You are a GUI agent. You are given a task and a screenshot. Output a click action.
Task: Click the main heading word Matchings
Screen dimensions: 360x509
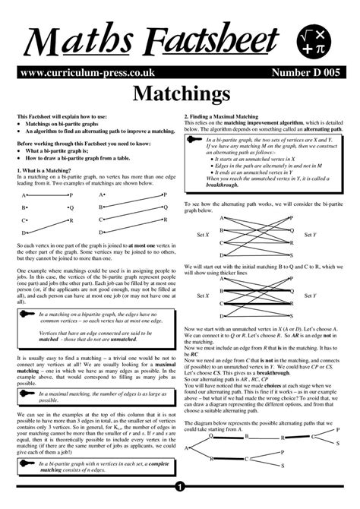point(180,94)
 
